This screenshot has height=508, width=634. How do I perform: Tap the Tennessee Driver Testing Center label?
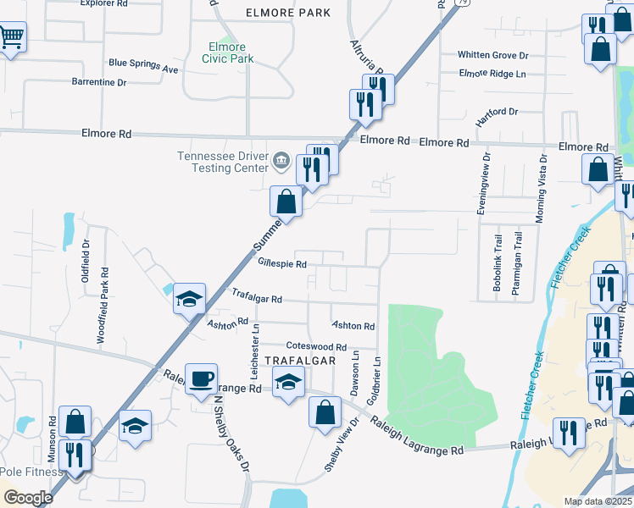click(x=221, y=162)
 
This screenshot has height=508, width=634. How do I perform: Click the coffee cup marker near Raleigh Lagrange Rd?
click(x=201, y=378)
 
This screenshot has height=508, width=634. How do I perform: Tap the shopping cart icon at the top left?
click(x=12, y=36)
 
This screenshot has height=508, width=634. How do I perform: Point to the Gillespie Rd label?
click(x=281, y=264)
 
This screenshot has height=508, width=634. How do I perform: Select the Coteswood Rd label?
click(x=316, y=346)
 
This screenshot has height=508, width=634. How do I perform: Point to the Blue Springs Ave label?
click(x=143, y=63)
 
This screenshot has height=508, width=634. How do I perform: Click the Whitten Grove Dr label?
click(x=492, y=55)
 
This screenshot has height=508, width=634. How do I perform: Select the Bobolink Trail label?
click(x=498, y=262)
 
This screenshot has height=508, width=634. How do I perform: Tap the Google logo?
click(x=28, y=498)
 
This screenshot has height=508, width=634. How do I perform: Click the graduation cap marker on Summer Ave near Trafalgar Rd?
click(x=189, y=299)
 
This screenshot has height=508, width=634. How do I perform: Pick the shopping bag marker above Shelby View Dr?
click(x=325, y=413)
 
